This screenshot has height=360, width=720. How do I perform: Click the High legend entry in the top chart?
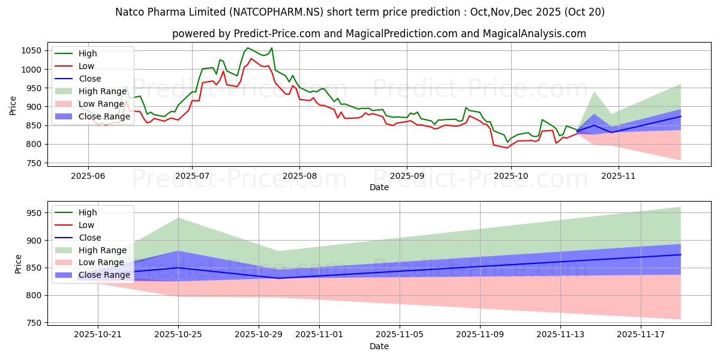pos(88,53)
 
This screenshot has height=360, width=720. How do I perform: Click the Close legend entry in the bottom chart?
pos(89,238)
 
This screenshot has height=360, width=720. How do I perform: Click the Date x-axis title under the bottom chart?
pos(379,347)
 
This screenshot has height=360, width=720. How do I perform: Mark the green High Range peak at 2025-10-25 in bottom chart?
pos(178,218)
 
